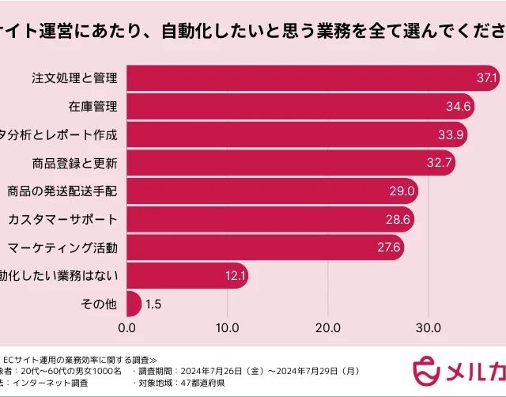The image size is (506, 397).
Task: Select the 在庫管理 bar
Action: tap(300, 106)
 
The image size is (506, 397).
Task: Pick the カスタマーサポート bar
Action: tap(270, 219)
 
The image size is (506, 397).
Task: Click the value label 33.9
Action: tap(451, 134)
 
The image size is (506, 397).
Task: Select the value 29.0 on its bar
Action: tap(402, 191)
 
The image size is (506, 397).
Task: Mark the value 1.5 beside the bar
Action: tap(155, 304)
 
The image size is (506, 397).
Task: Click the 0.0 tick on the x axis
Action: tap(126, 327)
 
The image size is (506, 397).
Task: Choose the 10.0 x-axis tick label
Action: tap(227, 327)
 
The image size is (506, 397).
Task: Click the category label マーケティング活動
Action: tap(62, 248)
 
